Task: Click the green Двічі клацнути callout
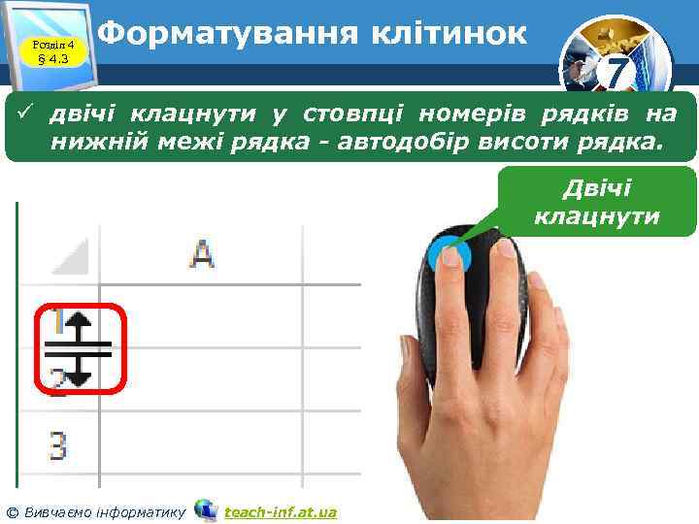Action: [x=596, y=202]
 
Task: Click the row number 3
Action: [x=58, y=447]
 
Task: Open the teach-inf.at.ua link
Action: [x=280, y=511]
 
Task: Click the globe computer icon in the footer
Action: [x=205, y=510]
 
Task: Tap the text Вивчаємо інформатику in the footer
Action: [x=103, y=511]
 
